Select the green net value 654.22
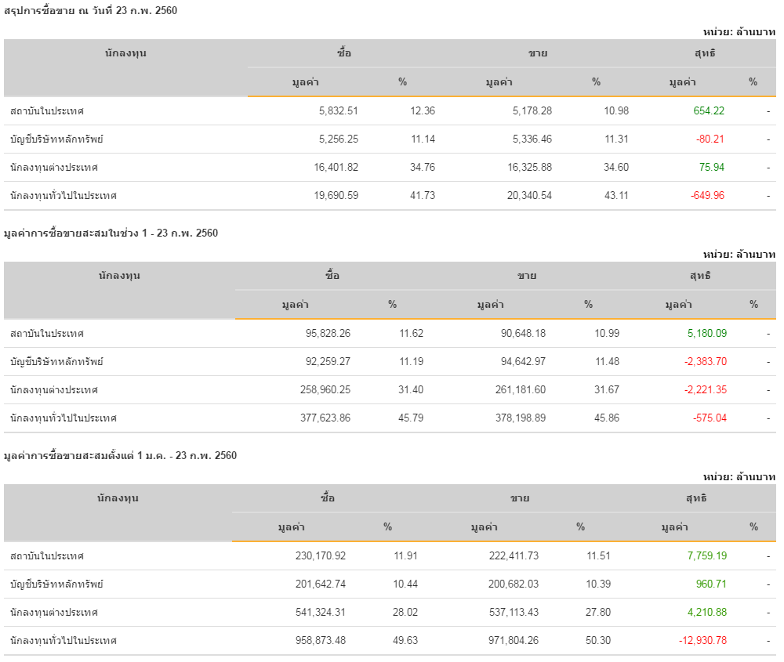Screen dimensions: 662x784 pos(709,111)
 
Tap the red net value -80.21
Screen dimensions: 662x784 pos(710,139)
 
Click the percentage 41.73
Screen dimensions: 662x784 pos(423,196)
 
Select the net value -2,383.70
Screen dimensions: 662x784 pos(705,362)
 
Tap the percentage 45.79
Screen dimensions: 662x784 pos(411,418)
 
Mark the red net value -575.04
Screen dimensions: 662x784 pos(710,418)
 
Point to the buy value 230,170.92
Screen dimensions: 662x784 pos(318,556)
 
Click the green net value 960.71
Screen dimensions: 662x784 pos(711,584)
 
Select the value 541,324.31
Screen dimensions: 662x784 pos(318,613)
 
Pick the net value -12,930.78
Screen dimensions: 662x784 pos(702,641)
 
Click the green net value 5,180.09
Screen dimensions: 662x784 pos(706,334)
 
